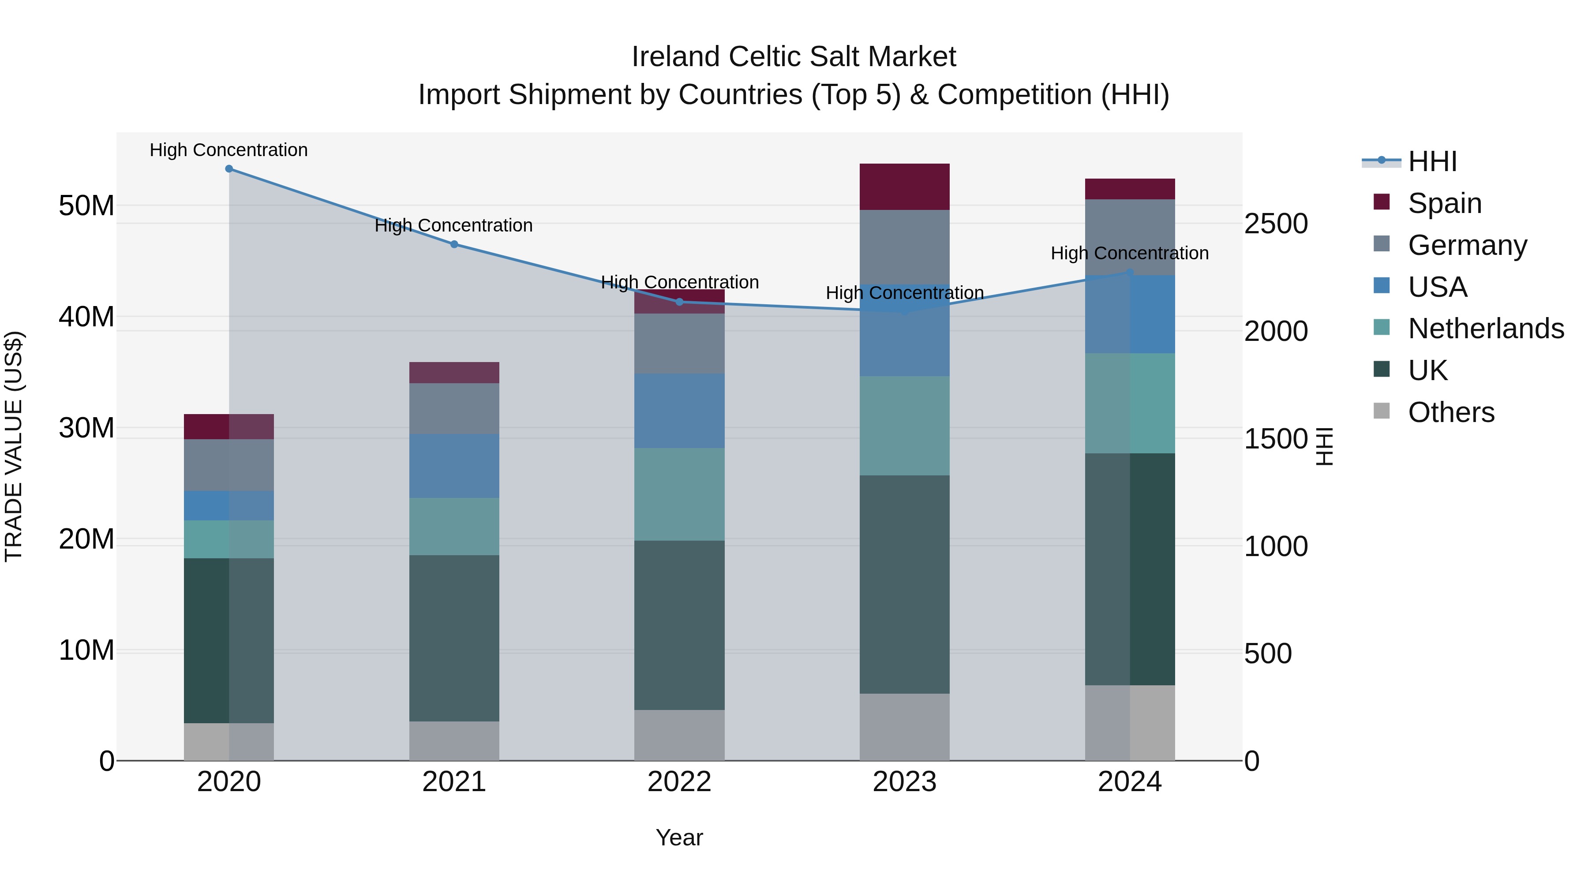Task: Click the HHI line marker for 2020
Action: pos(228,169)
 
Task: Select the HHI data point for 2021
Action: pos(454,244)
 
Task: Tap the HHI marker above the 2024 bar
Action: pos(1130,273)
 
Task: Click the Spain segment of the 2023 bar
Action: pos(904,187)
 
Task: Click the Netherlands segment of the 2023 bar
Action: pos(904,426)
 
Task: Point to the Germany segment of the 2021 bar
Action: pos(454,409)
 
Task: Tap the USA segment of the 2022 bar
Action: pos(679,411)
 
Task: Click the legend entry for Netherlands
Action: pos(1486,329)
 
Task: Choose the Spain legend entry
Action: pos(1444,203)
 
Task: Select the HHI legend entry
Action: pos(1432,161)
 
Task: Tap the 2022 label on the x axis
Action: pos(679,782)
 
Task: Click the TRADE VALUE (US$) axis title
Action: pos(14,447)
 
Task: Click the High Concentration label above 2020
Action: pos(228,150)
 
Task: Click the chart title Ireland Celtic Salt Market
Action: pos(794,57)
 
